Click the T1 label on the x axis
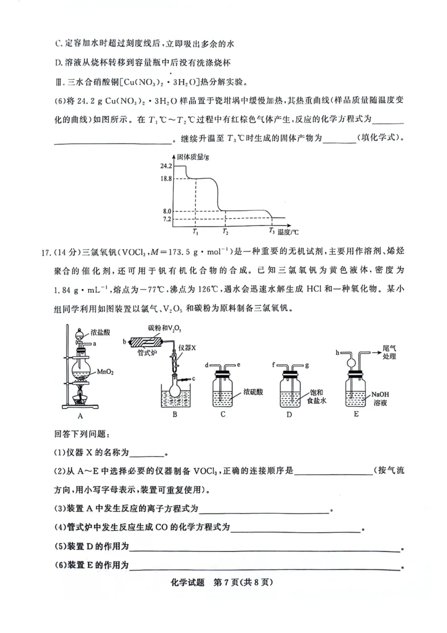click(x=195, y=231)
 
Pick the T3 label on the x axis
click(x=272, y=230)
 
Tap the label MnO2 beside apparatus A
click(x=106, y=371)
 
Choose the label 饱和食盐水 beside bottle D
click(x=316, y=396)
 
